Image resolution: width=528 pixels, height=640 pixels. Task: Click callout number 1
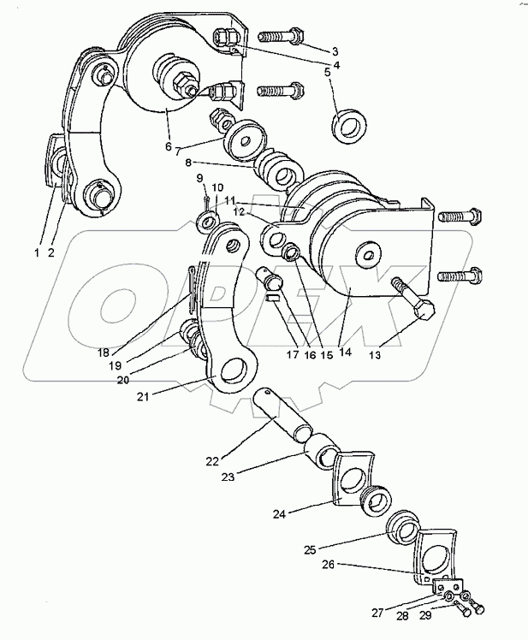37,252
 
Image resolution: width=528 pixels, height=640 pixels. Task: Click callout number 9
199,178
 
